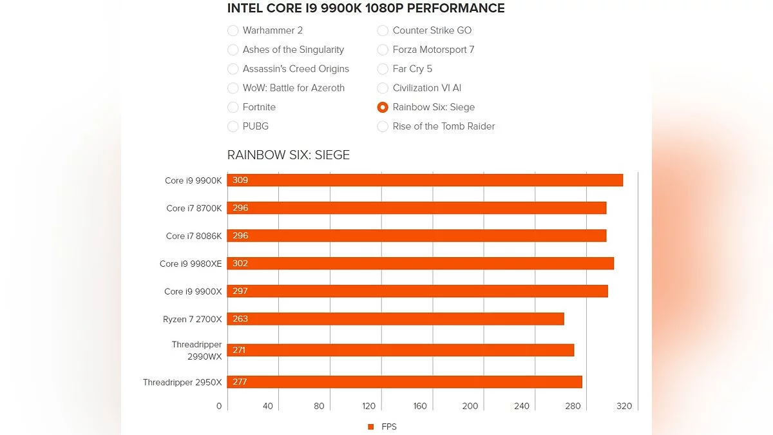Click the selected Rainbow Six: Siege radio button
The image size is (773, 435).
(383, 108)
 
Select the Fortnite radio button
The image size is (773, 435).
(233, 108)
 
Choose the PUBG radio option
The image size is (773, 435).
(233, 127)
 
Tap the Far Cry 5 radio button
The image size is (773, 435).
(383, 69)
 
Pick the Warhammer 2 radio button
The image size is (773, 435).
(233, 30)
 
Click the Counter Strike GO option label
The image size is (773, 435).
(432, 30)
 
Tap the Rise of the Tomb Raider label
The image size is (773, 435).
(443, 127)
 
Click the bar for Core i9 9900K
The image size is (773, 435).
(425, 180)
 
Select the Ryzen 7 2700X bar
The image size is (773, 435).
(396, 319)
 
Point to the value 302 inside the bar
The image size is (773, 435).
(240, 264)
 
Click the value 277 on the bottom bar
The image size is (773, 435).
(240, 382)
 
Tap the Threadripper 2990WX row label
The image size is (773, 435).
(196, 351)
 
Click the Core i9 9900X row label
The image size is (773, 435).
(193, 291)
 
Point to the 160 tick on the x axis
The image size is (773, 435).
(420, 406)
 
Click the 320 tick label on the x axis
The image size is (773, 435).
(624, 406)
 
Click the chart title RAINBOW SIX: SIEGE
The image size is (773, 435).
(289, 155)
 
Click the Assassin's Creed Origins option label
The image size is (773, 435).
(296, 69)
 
